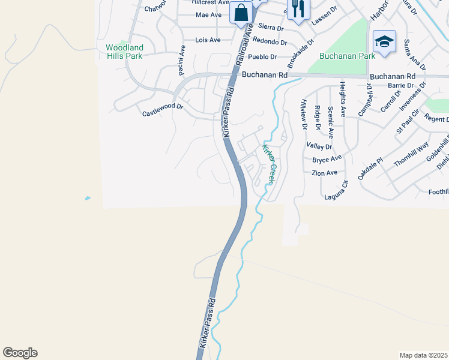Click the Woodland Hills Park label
pyautogui.click(x=124, y=52)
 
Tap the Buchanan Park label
pyautogui.click(x=347, y=56)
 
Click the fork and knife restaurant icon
pyautogui.click(x=298, y=8)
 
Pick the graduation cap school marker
pyautogui.click(x=384, y=41)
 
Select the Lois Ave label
pyautogui.click(x=208, y=40)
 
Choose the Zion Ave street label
pyautogui.click(x=325, y=173)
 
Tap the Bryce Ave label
pyautogui.click(x=327, y=159)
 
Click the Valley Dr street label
pyautogui.click(x=319, y=146)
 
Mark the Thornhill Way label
pyautogui.click(x=411, y=154)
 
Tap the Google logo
pyautogui.click(x=20, y=353)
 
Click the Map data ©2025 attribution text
pyautogui.click(x=423, y=355)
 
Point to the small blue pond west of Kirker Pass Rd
pyautogui.click(x=88, y=198)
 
